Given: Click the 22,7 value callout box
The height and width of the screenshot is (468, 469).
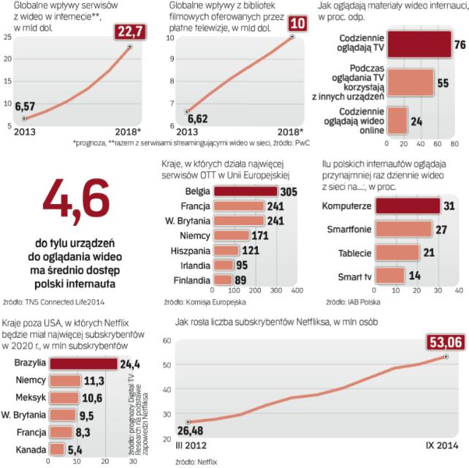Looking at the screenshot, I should click(x=130, y=31).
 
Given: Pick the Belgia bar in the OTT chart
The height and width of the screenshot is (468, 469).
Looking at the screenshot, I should click(x=249, y=192).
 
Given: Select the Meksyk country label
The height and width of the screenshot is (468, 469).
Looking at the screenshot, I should click(x=30, y=397).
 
